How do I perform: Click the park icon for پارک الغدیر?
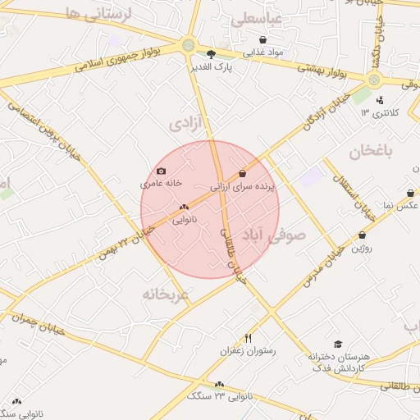coord(212,55)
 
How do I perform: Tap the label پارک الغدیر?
coord(212,67)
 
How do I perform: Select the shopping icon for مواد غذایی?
coord(262,39)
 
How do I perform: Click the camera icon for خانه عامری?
coord(161,171)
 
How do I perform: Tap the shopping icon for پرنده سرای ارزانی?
coord(242,174)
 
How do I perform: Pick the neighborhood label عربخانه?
coord(165,294)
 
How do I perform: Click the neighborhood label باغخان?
coord(370,152)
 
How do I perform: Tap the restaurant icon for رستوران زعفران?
coord(249,337)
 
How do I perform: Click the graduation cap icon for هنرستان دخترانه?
coord(338,345)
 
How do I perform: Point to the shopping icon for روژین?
coord(362,235)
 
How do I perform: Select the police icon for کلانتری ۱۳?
coord(379,100)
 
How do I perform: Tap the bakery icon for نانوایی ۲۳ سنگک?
coord(219,384)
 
